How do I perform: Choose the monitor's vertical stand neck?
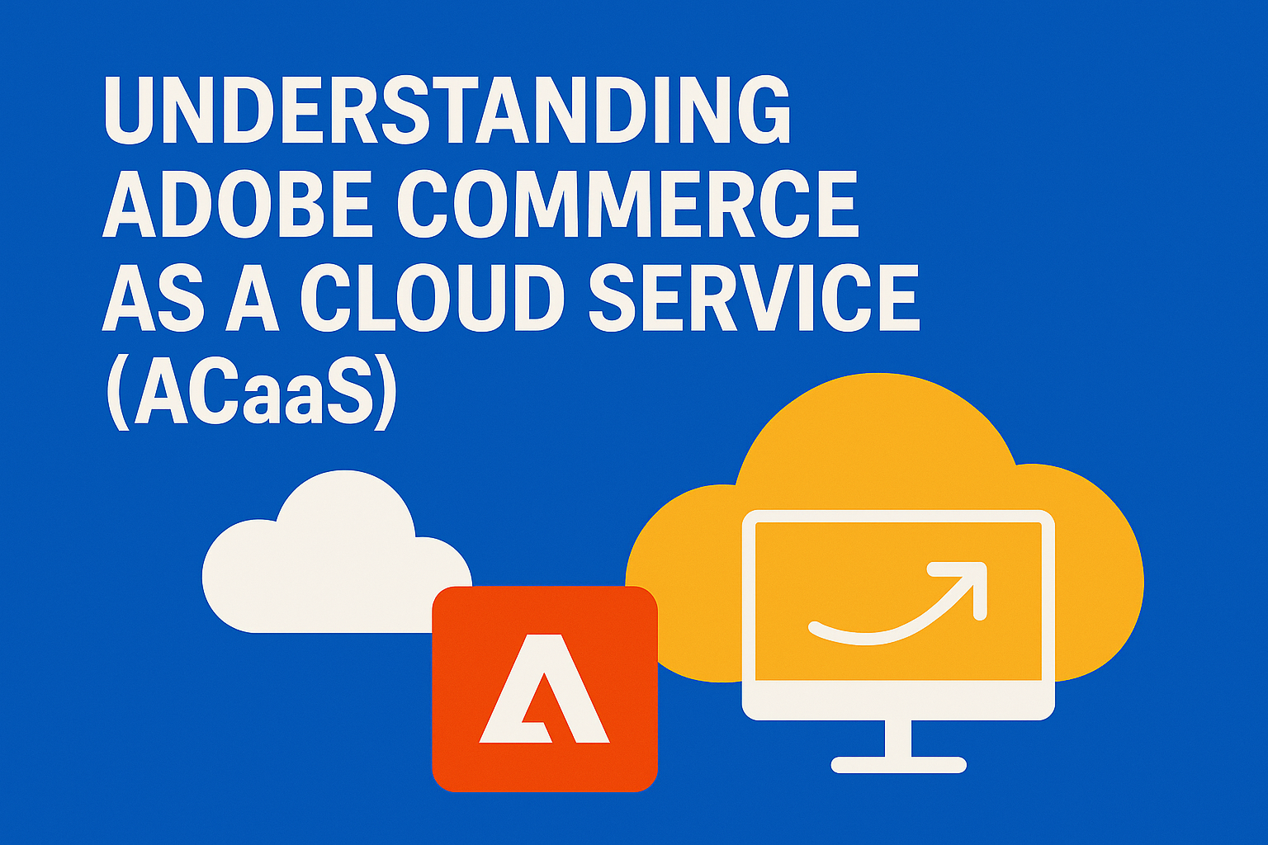(898, 739)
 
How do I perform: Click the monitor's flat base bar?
(898, 765)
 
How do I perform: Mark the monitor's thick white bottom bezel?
(898, 701)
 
